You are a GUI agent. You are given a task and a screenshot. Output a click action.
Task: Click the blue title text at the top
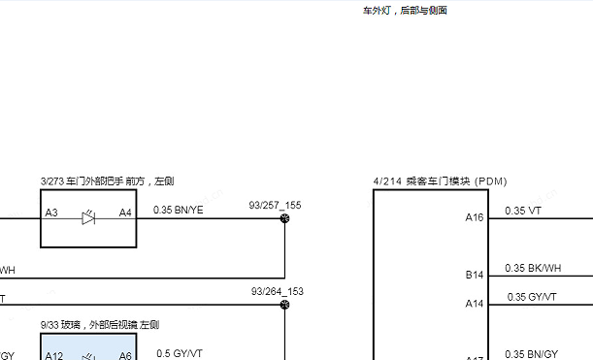pyautogui.click(x=405, y=11)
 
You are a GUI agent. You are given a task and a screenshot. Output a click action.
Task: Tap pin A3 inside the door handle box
pyautogui.click(x=51, y=213)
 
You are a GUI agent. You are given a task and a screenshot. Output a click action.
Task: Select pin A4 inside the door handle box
pyautogui.click(x=125, y=213)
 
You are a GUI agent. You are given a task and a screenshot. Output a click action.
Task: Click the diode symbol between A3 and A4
pyautogui.click(x=88, y=218)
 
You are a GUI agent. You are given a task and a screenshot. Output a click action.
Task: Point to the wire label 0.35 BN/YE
pyautogui.click(x=179, y=210)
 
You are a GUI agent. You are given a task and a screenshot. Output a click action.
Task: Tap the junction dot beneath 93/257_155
pyautogui.click(x=284, y=219)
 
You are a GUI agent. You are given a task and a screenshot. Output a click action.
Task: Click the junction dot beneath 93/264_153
pyautogui.click(x=284, y=305)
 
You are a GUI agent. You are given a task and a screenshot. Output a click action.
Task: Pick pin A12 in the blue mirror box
pyautogui.click(x=54, y=355)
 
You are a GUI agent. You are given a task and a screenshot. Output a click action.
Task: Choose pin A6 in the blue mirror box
pyautogui.click(x=125, y=355)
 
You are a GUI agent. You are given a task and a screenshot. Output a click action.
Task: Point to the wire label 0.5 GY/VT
pyautogui.click(x=180, y=353)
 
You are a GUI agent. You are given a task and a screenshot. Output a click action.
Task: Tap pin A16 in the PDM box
pyautogui.click(x=474, y=218)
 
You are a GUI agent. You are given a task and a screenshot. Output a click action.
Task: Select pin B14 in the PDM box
pyautogui.click(x=474, y=276)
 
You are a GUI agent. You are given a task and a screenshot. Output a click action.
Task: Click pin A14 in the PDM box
pyautogui.click(x=474, y=304)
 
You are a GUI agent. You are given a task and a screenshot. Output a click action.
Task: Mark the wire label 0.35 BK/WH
pyautogui.click(x=533, y=268)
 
